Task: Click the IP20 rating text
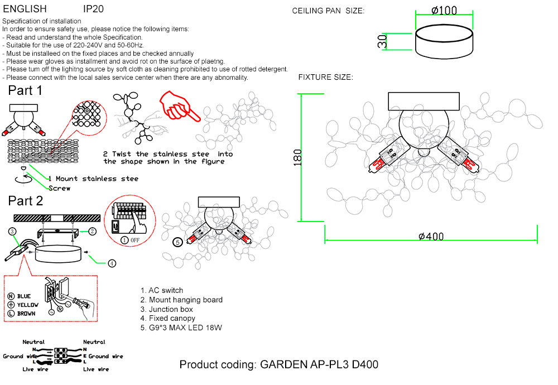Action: [93, 9]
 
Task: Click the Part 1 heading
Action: [25, 90]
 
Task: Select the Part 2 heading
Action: [25, 201]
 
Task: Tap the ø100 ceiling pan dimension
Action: [444, 10]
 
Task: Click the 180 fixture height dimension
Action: [297, 157]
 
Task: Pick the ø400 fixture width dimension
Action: [431, 237]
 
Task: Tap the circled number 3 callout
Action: [12, 230]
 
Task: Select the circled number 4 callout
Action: [112, 263]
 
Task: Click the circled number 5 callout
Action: [177, 242]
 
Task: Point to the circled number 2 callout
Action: [93, 230]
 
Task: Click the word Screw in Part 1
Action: [60, 189]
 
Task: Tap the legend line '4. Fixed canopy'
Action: [168, 318]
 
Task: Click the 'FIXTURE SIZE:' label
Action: [325, 77]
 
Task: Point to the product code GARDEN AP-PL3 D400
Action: [278, 365]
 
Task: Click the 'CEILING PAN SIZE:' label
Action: [328, 11]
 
